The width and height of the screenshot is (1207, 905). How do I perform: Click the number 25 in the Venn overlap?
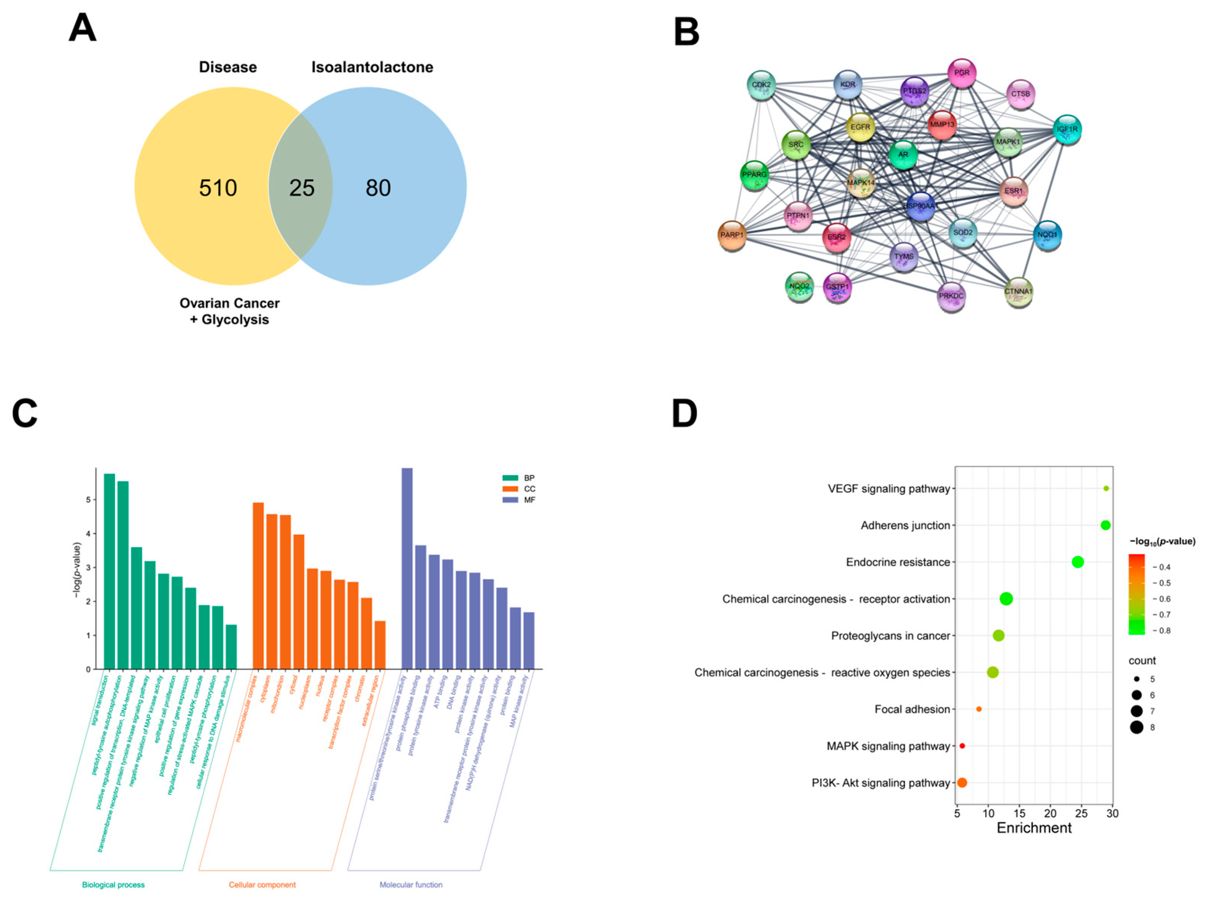302,188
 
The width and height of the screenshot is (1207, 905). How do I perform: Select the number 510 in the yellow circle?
218,188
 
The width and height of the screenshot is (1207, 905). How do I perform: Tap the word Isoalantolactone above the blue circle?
372,67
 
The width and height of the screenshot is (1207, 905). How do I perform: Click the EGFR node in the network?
860,127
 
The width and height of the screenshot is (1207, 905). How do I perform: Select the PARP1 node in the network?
732,235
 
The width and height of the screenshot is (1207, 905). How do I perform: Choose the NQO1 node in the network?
1047,235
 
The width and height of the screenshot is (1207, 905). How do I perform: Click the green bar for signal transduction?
109,571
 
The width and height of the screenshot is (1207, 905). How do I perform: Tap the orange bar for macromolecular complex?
258,585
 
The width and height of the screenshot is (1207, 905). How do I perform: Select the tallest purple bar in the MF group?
407,568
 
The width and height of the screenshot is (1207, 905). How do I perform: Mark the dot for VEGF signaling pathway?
1106,488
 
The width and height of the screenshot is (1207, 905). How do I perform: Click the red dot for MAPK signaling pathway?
962,746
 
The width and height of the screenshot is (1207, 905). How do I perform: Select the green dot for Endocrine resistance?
1078,562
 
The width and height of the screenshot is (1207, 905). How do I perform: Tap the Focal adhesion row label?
912,709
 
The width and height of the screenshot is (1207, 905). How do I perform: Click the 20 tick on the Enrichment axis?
1050,813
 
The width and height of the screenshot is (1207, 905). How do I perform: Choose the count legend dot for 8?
1137,727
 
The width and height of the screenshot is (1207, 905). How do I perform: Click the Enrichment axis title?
1034,828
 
